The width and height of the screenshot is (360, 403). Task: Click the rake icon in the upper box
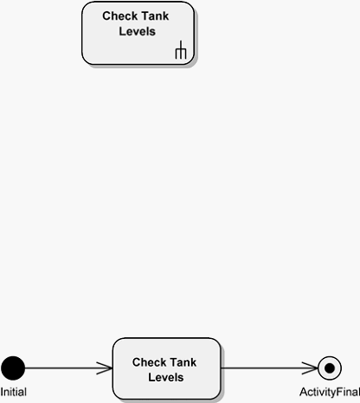(181, 50)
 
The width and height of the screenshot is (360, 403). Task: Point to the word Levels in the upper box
(138, 31)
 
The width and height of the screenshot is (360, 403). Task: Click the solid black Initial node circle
(13, 368)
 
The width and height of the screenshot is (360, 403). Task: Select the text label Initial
(14, 392)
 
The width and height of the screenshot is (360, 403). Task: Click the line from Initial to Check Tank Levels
(68, 368)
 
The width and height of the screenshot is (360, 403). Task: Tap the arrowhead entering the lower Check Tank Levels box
(105, 368)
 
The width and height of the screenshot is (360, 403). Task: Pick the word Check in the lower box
(147, 362)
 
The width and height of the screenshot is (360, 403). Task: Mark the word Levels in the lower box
(166, 378)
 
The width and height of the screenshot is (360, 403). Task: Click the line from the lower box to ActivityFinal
(269, 368)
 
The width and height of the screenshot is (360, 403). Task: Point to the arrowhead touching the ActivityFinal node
(310, 368)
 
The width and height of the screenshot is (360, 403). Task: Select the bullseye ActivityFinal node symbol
(330, 368)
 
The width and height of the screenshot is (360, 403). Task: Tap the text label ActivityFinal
(330, 393)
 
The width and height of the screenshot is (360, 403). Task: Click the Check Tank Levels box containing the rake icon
(138, 33)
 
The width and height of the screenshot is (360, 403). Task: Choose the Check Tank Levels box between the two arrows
(167, 368)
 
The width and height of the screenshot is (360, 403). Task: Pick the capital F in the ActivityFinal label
(339, 392)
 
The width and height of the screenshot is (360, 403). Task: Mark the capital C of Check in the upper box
(106, 16)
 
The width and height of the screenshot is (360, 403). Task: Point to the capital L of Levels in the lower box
(151, 378)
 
